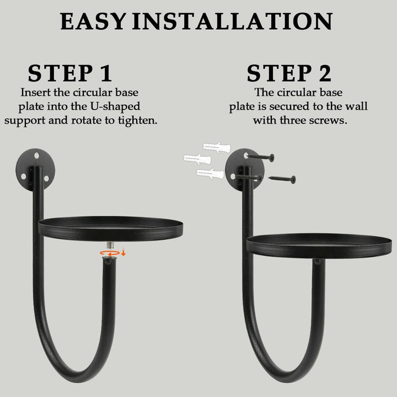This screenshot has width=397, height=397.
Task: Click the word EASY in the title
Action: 93,22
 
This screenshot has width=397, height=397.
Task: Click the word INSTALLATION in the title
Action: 232,22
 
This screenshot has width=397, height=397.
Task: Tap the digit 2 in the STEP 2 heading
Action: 325,73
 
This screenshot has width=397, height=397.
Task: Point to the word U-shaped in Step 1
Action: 115,106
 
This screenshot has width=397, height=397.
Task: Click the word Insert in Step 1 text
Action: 36,92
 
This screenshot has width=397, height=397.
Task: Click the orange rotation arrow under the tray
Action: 109,253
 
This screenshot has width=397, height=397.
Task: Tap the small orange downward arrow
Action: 124,253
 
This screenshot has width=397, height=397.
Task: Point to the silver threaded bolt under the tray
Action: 110,245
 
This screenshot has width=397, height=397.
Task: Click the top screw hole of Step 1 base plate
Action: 37,155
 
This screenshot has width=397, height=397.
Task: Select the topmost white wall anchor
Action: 217,147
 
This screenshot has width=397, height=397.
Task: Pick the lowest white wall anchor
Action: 210,174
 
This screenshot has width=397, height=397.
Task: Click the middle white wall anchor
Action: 197,159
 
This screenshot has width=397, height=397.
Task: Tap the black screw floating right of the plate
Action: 282,179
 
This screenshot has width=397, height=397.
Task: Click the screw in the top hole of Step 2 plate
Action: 260,157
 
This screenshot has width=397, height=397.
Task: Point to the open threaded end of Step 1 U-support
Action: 109,259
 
